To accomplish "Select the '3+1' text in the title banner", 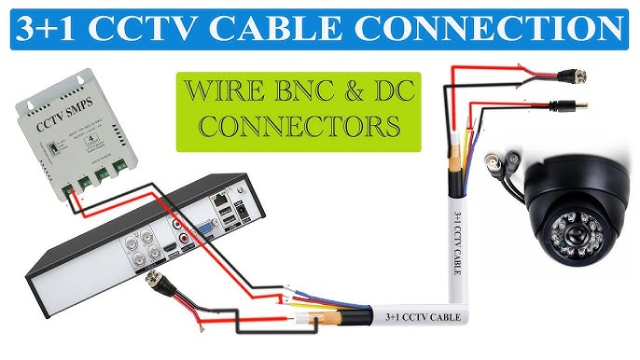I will click(x=59, y=28).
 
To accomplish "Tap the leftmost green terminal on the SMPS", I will click(x=70, y=187).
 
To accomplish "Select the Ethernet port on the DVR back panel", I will click(x=219, y=200).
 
